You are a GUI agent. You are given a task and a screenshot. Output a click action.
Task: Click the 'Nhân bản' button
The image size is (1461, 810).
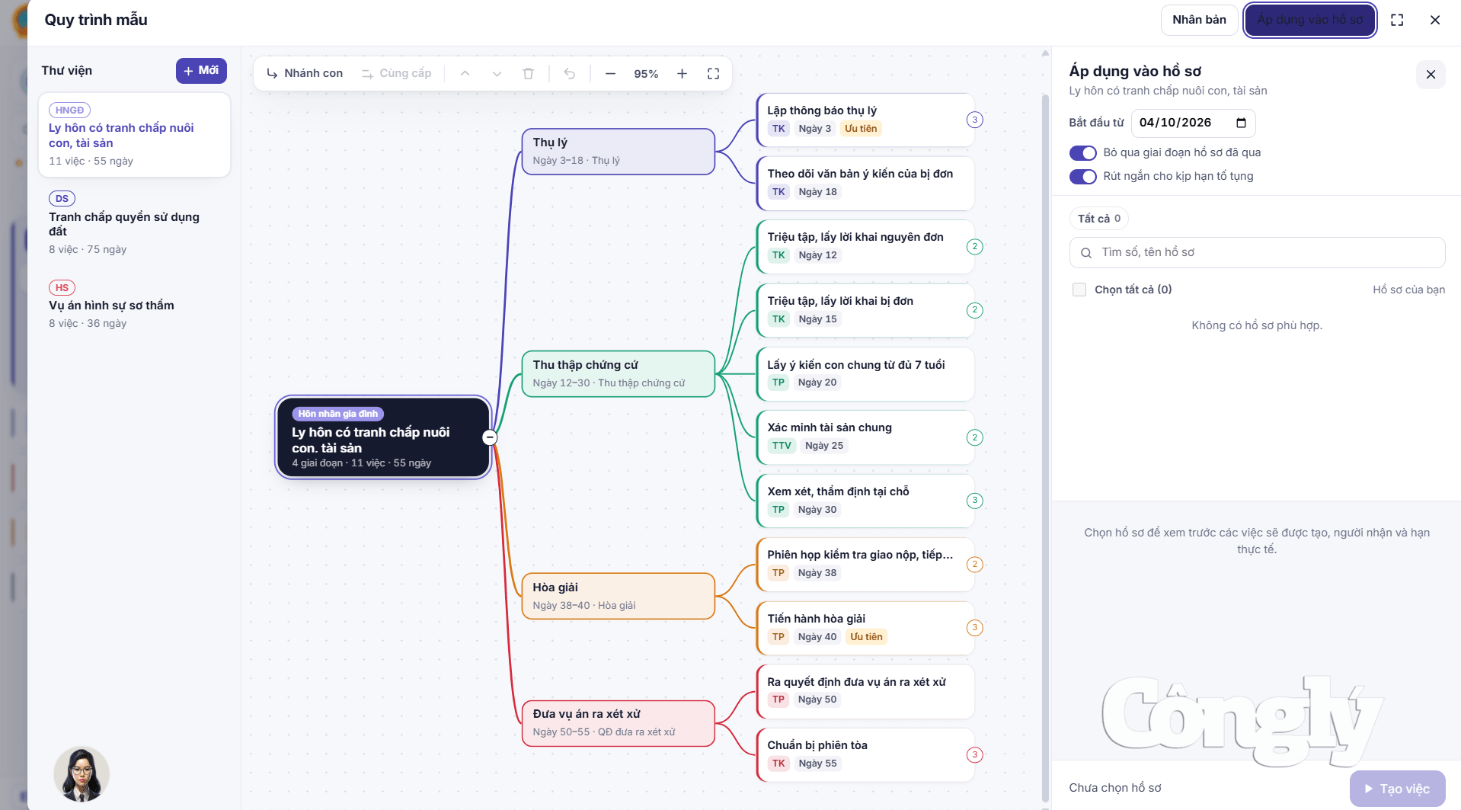click(1199, 20)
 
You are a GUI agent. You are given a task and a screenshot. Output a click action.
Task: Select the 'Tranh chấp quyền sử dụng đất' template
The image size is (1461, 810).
click(134, 224)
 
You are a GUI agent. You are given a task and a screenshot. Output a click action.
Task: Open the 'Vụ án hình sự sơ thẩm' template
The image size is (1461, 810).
click(134, 305)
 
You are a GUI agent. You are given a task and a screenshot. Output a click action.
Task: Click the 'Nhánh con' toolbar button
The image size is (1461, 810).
click(305, 73)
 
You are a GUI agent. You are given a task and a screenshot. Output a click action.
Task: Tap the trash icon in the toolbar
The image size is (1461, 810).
click(529, 73)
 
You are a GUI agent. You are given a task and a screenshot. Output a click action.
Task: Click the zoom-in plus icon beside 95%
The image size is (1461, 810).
click(682, 73)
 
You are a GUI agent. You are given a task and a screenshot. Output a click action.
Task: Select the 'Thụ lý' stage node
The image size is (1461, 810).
click(618, 151)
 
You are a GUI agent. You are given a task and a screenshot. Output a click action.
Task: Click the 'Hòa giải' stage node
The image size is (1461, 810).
click(618, 596)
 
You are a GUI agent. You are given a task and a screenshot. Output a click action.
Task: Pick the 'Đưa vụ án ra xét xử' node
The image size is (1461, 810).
click(618, 722)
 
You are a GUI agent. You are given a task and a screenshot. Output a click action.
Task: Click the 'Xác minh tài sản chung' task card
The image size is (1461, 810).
click(865, 437)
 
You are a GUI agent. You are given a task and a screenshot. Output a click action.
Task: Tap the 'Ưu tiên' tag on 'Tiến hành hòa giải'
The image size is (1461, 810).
click(866, 637)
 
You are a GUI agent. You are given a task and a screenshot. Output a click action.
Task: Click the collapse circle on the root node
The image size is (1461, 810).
click(490, 437)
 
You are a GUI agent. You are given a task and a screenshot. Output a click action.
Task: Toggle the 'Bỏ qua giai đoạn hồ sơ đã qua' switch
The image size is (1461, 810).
click(1082, 153)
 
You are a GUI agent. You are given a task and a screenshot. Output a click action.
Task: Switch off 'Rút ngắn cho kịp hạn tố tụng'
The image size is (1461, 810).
click(1082, 177)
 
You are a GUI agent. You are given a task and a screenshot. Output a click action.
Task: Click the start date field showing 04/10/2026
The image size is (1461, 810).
click(1193, 123)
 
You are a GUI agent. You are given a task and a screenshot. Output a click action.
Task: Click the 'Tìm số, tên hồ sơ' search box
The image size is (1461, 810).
click(1257, 252)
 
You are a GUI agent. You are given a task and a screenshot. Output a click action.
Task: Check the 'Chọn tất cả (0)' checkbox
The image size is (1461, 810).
click(1079, 290)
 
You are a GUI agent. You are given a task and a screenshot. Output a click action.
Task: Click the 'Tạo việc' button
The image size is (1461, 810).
click(1397, 789)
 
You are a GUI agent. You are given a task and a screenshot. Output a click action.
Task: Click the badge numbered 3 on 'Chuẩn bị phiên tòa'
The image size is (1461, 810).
click(974, 754)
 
